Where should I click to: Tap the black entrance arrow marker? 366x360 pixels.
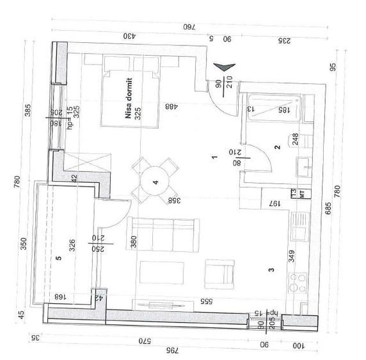[x=225, y=68]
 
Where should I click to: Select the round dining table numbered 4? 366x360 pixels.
[x=155, y=181]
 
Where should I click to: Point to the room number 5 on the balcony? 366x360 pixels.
[x=58, y=259]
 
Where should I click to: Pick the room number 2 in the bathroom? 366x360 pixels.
[x=277, y=148]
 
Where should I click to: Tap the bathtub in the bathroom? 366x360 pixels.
[x=273, y=109]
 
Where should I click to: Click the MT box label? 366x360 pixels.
[x=294, y=194]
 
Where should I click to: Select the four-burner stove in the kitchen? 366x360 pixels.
[x=298, y=281]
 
